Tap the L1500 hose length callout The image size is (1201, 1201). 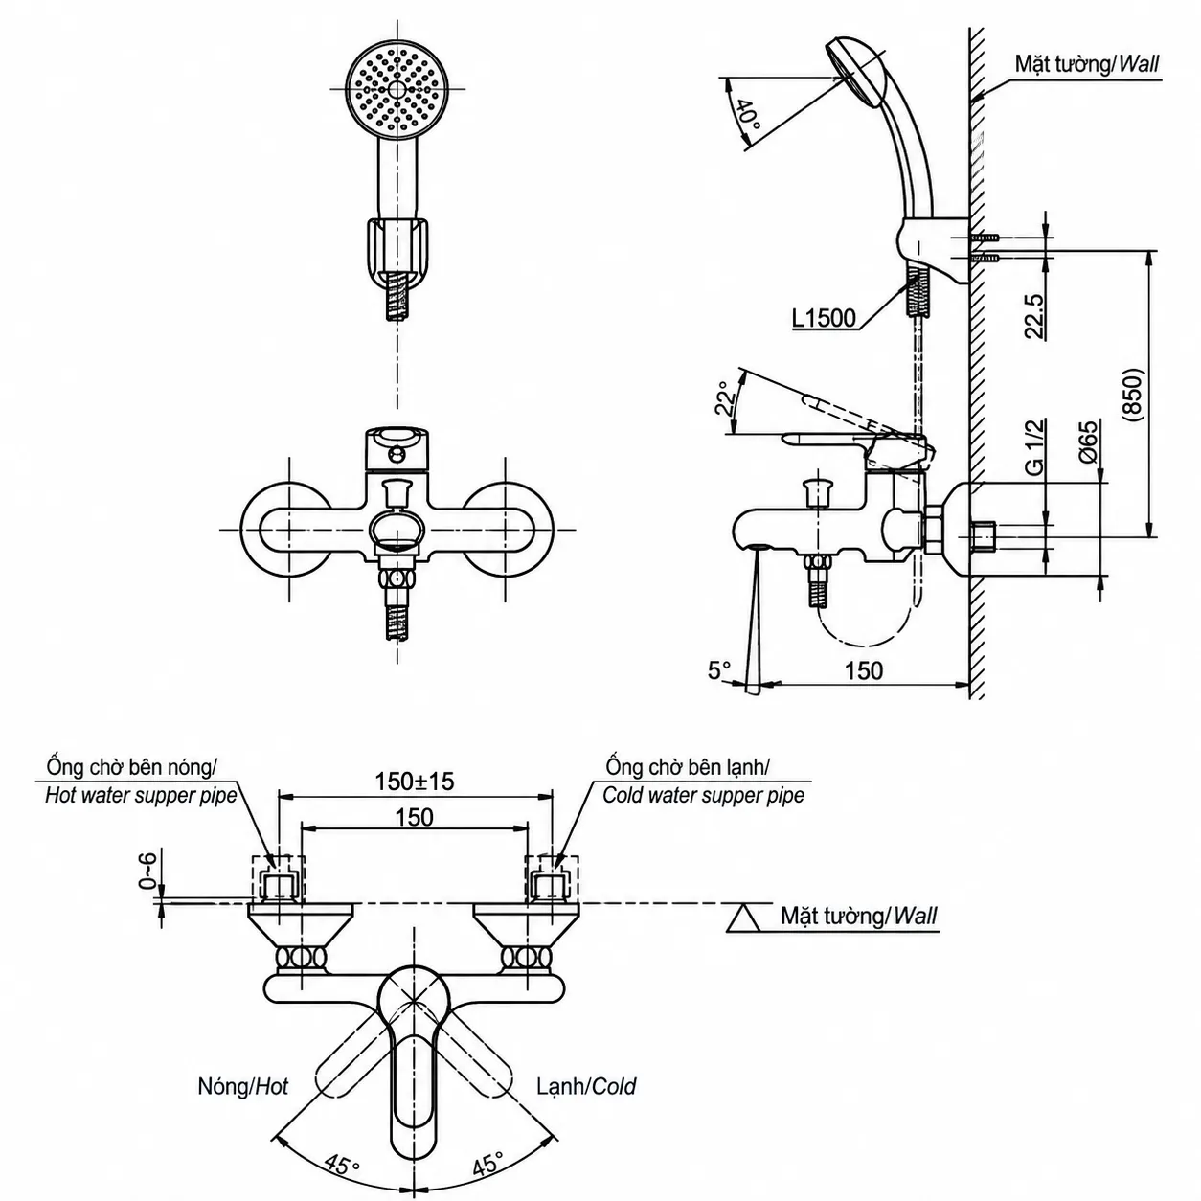click(824, 319)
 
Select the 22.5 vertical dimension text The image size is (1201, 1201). click(1033, 316)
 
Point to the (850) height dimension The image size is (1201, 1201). click(1132, 397)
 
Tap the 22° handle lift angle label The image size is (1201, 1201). click(725, 398)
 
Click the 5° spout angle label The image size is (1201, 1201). click(718, 670)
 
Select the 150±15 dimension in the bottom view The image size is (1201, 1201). click(415, 781)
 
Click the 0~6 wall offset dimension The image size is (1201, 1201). click(147, 871)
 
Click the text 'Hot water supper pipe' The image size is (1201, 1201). click(141, 795)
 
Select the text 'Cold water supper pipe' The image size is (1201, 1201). click(703, 795)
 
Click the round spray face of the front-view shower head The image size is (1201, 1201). click(397, 90)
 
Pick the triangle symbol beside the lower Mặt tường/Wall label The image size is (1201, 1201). click(746, 917)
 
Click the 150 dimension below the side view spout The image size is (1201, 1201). click(863, 670)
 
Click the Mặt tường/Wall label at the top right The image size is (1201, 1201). click(1087, 63)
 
